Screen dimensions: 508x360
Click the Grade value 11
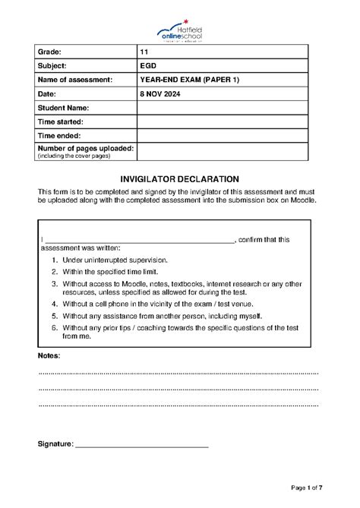coord(144,52)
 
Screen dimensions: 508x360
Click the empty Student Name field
coord(222,108)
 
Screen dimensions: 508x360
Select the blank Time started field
coord(222,121)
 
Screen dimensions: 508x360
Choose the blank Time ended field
coord(222,135)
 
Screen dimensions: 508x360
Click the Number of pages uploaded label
coord(85,148)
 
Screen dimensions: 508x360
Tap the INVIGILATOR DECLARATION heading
coord(180,177)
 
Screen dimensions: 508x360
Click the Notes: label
coord(49,355)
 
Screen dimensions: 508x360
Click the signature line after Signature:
coord(142,444)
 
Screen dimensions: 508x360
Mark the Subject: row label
coord(52,65)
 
